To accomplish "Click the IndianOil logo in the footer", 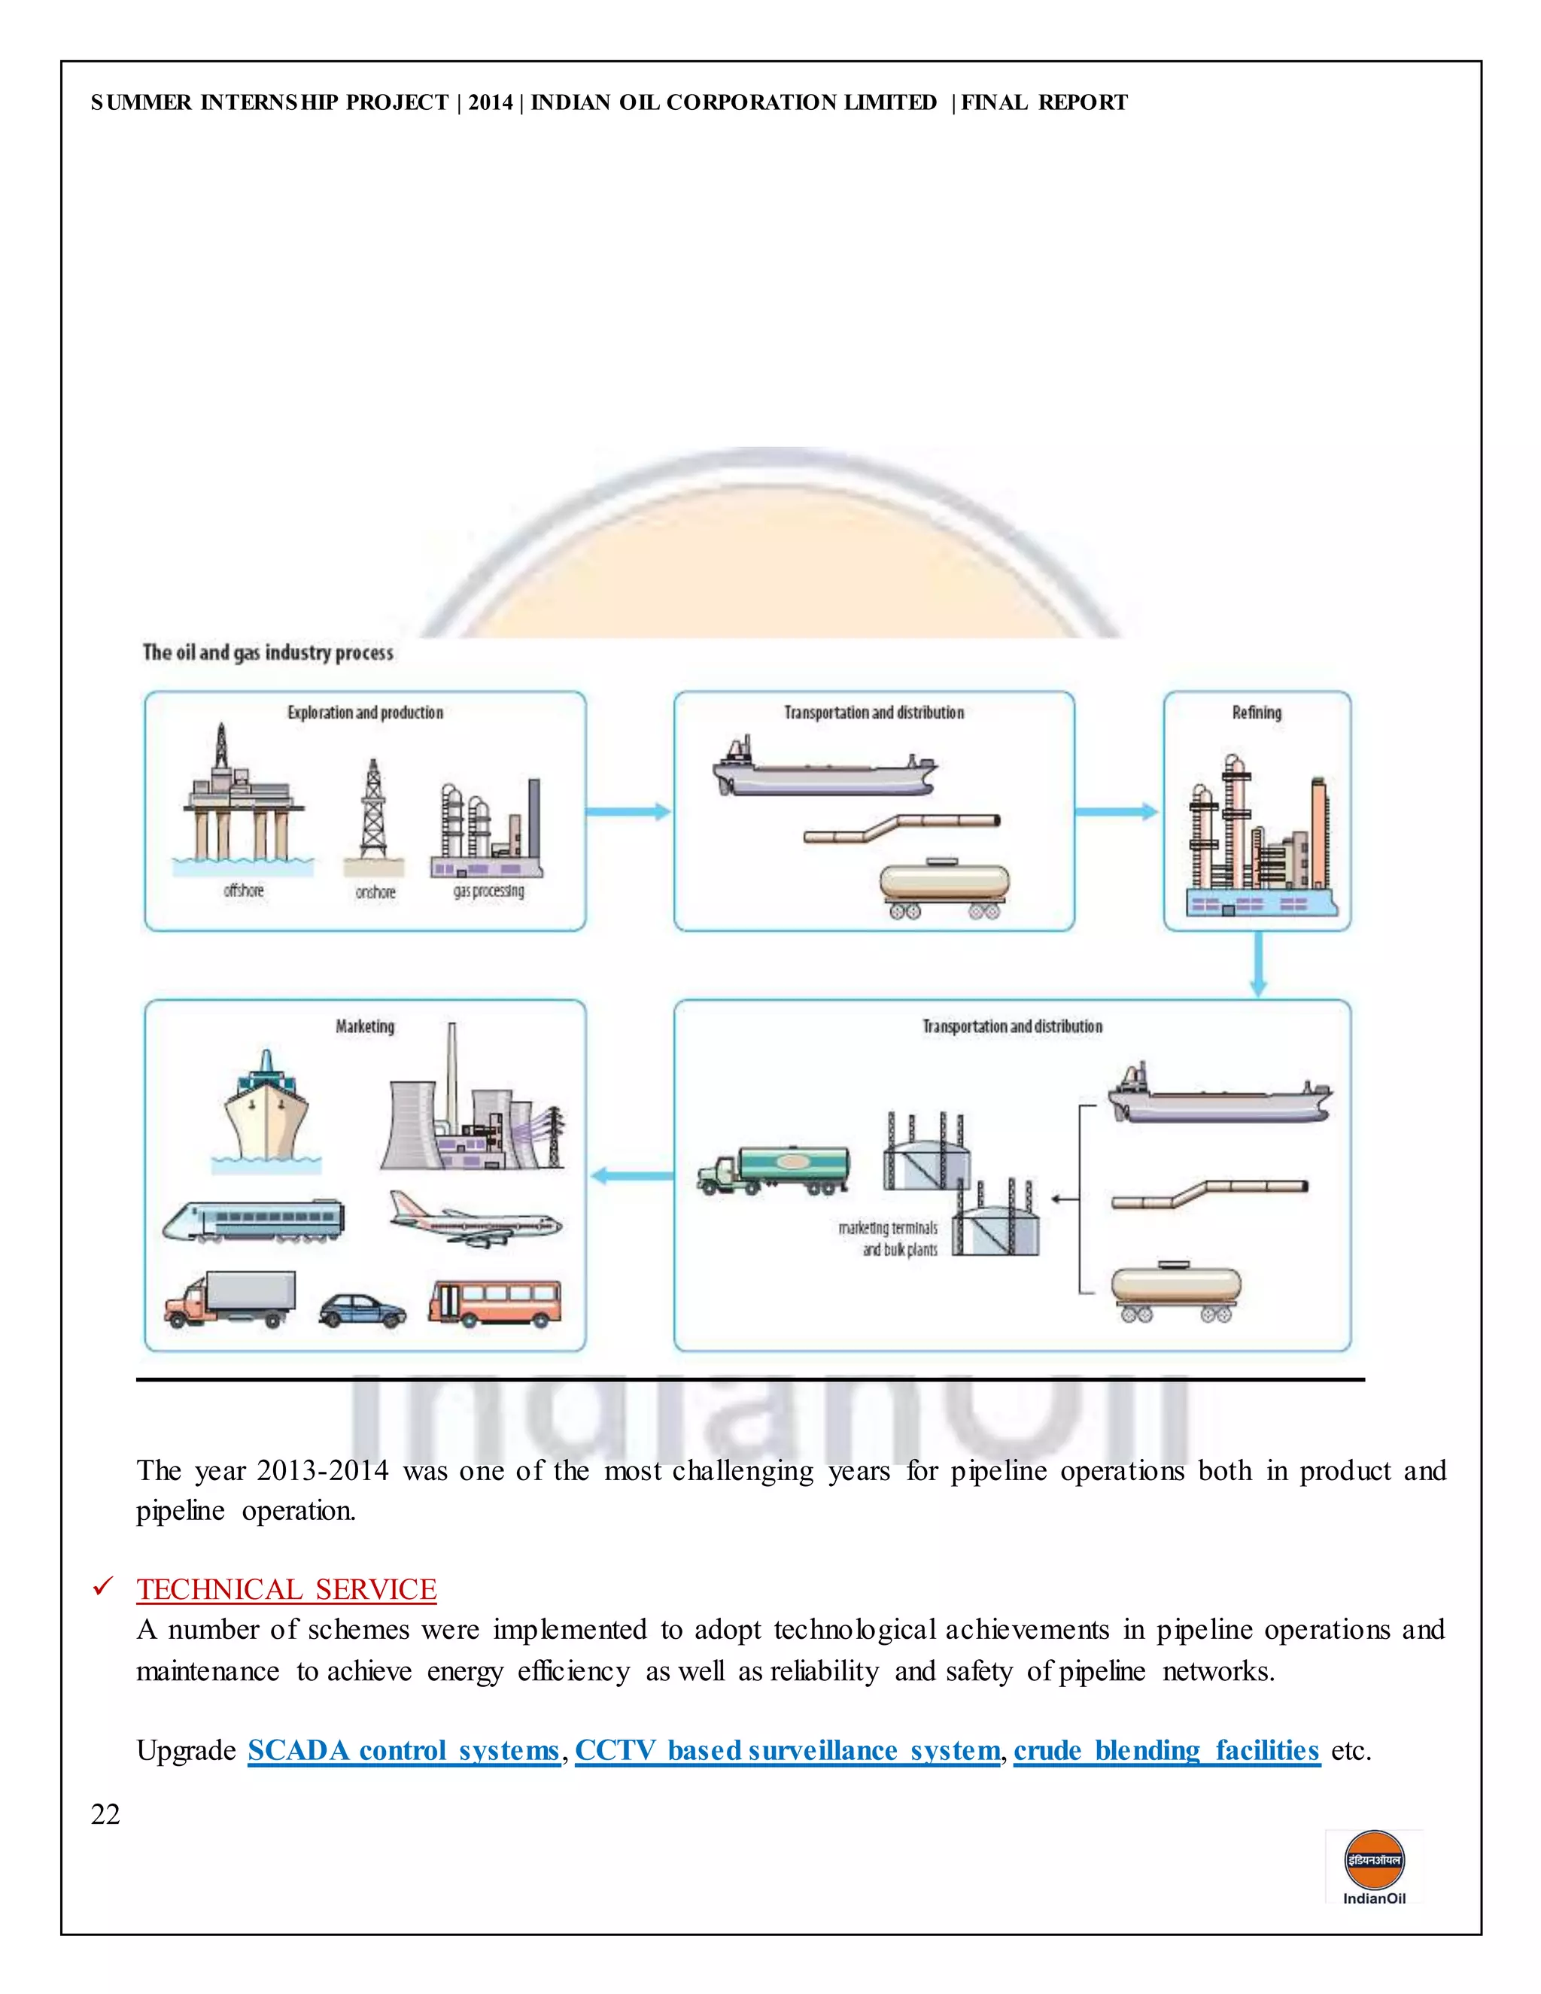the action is [1373, 1866].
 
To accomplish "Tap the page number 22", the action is [105, 1814].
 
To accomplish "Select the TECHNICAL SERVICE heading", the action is [287, 1589].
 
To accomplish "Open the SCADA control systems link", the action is [403, 1750].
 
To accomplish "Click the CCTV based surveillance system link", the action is [787, 1750].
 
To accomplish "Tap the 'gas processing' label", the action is [488, 891].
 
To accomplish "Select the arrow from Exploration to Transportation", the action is [628, 810].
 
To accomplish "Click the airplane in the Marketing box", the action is [475, 1220].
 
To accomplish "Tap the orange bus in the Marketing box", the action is [495, 1302].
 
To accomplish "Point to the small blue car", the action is [363, 1310].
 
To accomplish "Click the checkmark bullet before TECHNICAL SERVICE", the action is [102, 1588].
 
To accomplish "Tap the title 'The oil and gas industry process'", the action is [267, 653].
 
